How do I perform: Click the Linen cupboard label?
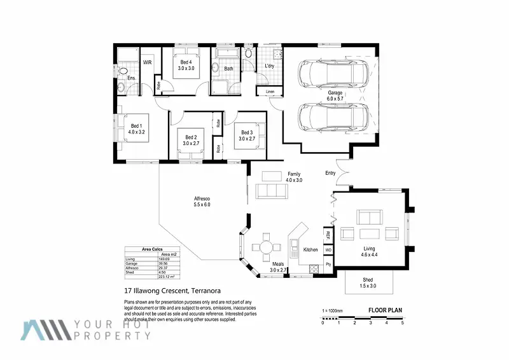point(270,92)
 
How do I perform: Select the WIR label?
point(147,62)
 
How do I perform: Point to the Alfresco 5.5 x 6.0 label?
point(202,201)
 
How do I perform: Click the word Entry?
point(330,173)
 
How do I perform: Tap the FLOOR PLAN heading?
point(386,311)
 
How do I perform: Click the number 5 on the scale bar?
point(402,323)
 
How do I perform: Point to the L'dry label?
point(269,67)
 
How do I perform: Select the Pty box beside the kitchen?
point(328,263)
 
